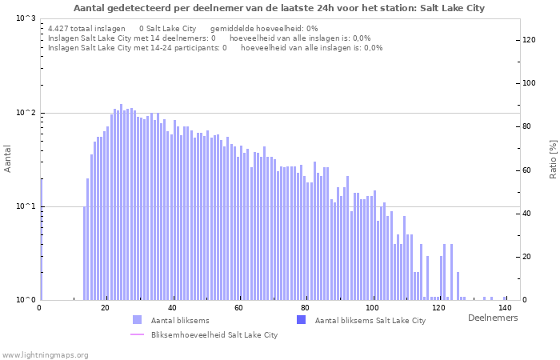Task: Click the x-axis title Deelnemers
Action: (x=492, y=318)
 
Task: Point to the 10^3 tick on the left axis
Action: (x=26, y=18)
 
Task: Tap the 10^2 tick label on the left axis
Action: (x=26, y=113)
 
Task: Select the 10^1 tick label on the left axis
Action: (x=26, y=206)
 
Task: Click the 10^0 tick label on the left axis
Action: (x=26, y=300)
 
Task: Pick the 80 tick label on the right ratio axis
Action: (x=528, y=126)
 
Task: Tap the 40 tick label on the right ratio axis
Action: (x=528, y=214)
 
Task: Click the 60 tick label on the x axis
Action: (x=238, y=308)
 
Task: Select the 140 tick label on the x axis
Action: (x=505, y=308)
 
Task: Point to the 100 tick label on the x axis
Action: (x=372, y=308)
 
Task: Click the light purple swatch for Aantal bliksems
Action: (x=137, y=320)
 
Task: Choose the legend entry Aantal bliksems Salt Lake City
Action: (x=370, y=321)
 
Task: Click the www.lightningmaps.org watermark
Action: (x=45, y=354)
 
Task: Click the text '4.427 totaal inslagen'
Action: (x=86, y=28)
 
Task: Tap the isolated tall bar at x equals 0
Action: (x=41, y=240)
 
